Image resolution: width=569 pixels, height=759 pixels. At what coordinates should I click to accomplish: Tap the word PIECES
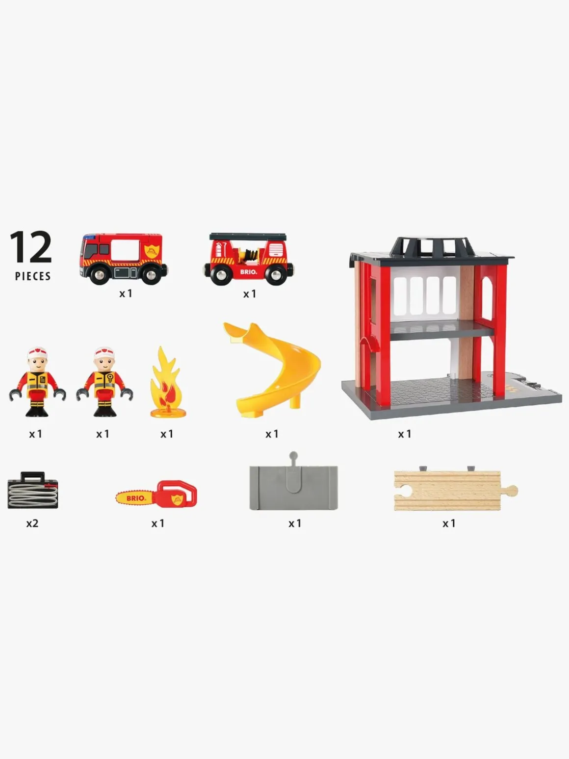[x=33, y=276]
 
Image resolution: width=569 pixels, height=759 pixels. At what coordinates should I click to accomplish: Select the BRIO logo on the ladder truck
[x=249, y=272]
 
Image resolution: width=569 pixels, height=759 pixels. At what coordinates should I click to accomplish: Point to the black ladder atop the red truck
[x=248, y=237]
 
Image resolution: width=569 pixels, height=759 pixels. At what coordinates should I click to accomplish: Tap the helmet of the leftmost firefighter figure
[x=37, y=353]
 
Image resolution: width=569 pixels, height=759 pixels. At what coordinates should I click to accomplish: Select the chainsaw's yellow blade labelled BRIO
[x=136, y=498]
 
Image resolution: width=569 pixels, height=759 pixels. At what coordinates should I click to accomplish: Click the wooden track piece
[x=456, y=490]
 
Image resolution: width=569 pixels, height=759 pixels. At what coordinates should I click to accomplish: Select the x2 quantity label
[x=32, y=523]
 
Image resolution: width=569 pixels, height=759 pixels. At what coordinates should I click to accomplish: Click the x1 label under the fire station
[x=405, y=434]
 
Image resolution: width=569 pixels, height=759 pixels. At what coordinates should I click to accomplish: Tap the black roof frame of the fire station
[x=432, y=247]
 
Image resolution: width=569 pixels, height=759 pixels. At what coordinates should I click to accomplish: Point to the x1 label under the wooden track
[x=449, y=523]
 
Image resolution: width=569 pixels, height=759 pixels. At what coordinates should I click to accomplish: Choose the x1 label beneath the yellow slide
[x=272, y=434]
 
